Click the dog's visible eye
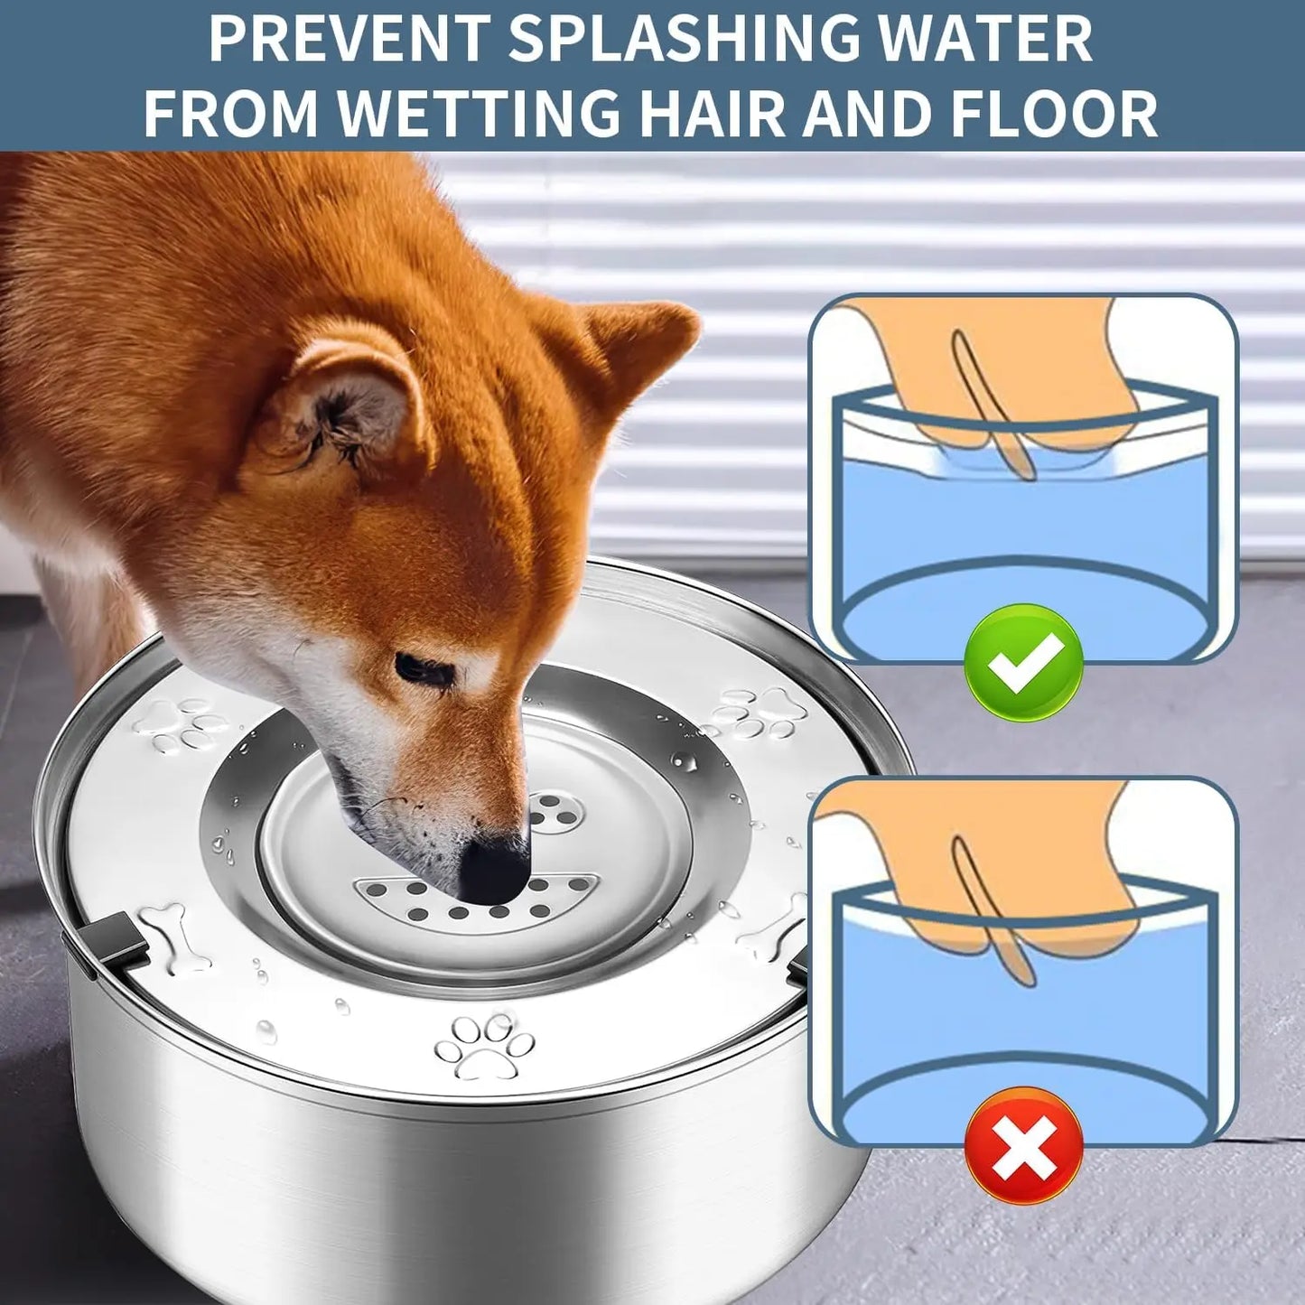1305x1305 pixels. coord(421,668)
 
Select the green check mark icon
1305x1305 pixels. coord(1023,663)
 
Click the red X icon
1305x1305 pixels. coord(1023,1145)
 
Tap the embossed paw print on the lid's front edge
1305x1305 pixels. coord(483,1045)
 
